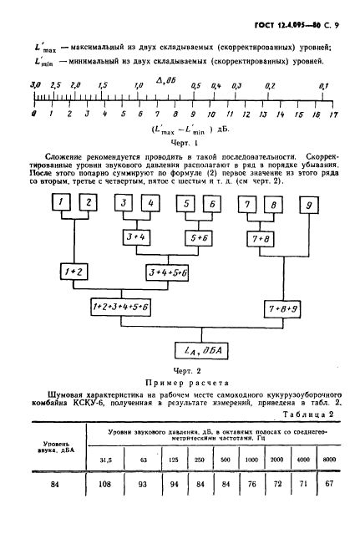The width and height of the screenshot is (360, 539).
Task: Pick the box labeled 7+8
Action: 261,239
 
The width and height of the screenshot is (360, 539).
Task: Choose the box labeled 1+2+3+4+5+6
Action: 121,308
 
